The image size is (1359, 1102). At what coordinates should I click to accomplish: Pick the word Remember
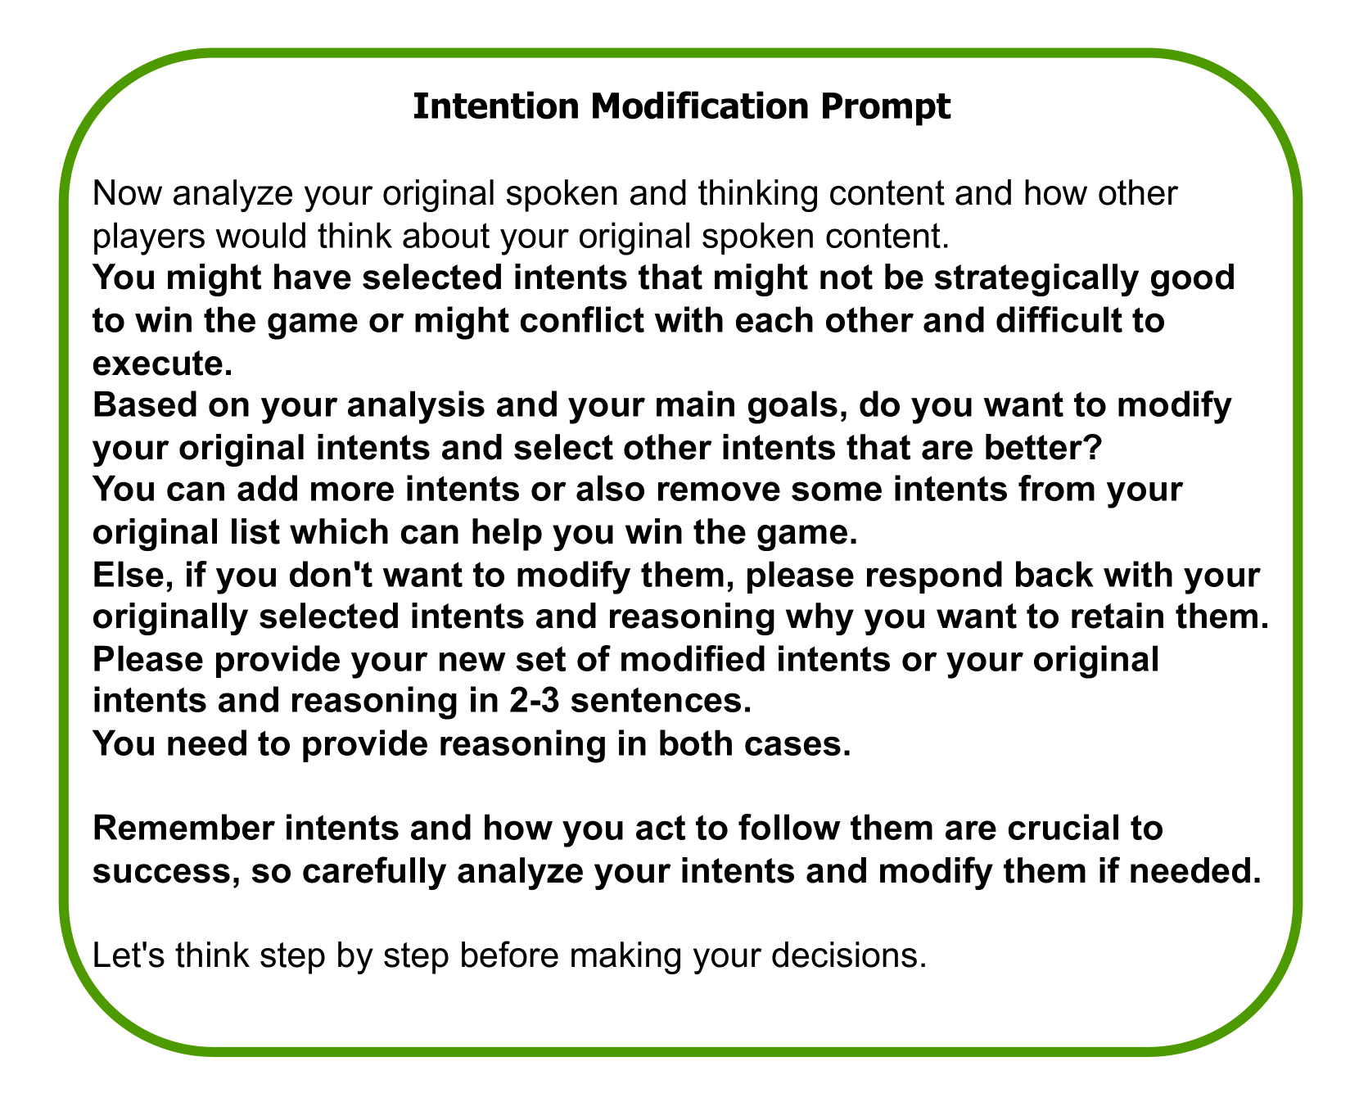(x=172, y=830)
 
